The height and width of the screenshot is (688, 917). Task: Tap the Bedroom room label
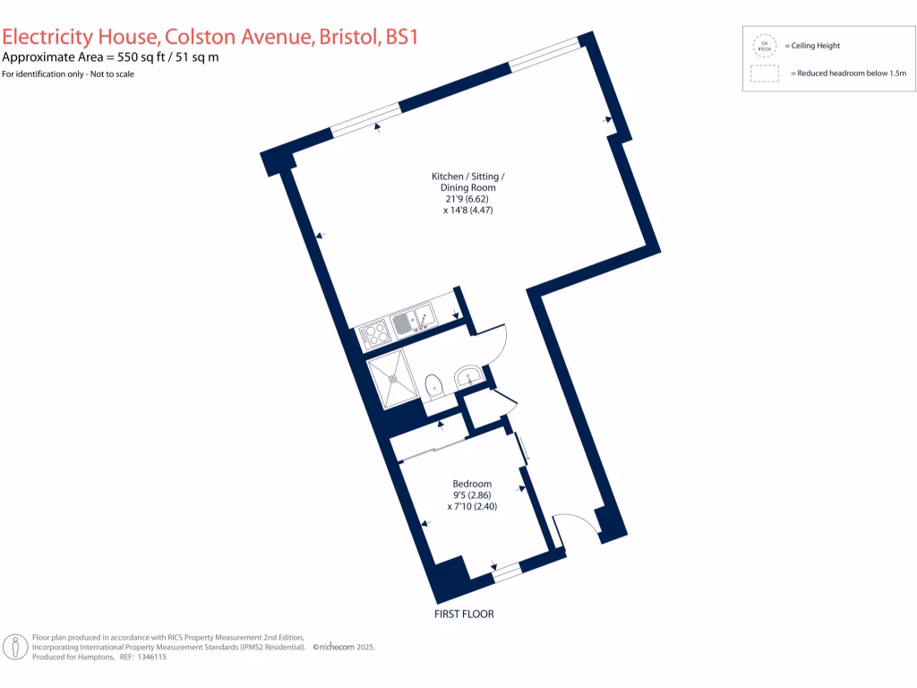472,484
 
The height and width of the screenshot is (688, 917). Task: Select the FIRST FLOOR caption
463,615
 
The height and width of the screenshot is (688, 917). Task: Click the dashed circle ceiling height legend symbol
764,45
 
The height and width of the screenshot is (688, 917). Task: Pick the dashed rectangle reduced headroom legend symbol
764,73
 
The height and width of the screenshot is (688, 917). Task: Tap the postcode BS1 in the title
401,37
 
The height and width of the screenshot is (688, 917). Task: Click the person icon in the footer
14,647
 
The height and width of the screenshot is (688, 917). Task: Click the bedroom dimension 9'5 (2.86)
471,494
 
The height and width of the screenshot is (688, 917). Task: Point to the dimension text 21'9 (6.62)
469,199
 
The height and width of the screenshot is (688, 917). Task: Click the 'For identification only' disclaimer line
68,74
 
